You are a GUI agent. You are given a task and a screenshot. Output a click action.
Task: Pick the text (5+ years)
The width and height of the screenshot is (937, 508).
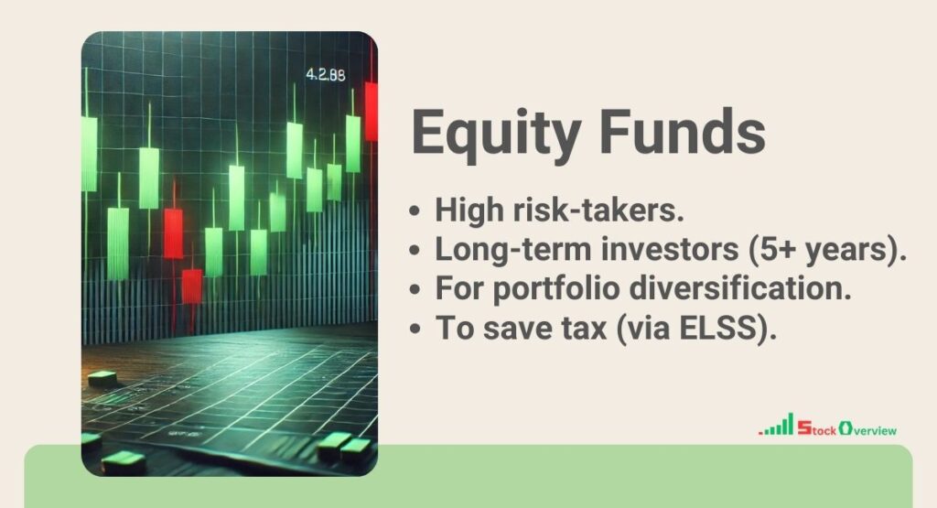[x=835, y=249]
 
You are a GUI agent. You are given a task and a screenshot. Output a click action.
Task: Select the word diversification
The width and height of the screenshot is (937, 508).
[x=747, y=288]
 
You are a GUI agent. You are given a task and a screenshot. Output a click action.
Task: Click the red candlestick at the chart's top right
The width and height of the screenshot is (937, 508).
[x=371, y=110]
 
